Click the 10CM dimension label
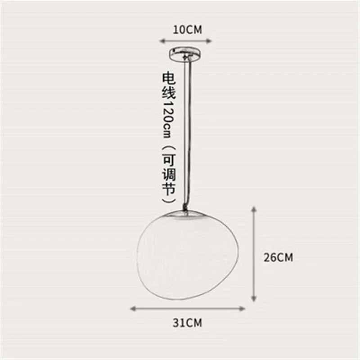[x=187, y=30]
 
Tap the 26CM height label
[x=279, y=257]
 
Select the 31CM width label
[x=187, y=322]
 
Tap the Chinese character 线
[x=169, y=94]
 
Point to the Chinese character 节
[x=169, y=189]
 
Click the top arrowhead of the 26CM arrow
[x=254, y=209]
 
